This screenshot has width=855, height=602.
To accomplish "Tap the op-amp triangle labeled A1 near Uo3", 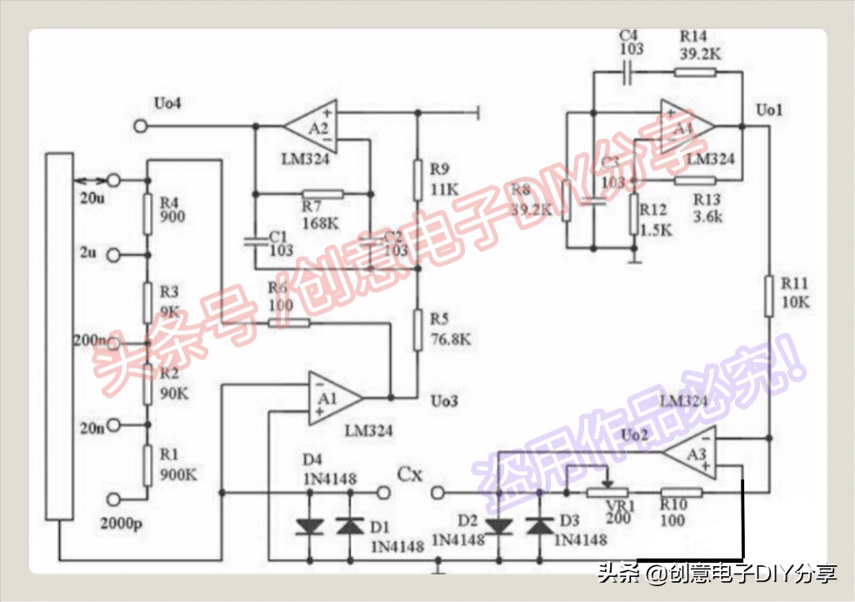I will click(x=332, y=399).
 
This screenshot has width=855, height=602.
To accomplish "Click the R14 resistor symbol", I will click(x=693, y=72).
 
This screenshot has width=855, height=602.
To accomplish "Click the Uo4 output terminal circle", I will click(x=141, y=126).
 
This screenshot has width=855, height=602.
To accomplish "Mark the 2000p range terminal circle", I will click(x=114, y=498).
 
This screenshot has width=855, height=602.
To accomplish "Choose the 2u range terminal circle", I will click(x=114, y=255).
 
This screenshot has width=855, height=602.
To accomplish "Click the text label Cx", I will click(x=410, y=474).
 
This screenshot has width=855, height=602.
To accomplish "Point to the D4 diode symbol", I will click(x=310, y=525).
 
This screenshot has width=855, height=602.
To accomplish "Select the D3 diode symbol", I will click(x=540, y=525).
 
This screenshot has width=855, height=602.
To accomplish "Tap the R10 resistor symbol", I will click(x=681, y=492).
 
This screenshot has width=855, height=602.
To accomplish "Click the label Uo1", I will click(x=768, y=110).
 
